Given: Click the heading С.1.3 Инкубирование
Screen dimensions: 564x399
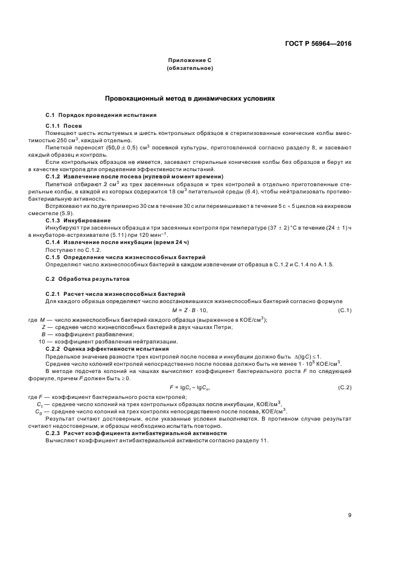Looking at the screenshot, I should pos(77,221).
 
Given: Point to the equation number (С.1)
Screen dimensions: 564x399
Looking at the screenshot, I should pos(345,310).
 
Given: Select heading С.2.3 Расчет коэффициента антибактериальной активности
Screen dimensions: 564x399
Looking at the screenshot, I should pos(136,433).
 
